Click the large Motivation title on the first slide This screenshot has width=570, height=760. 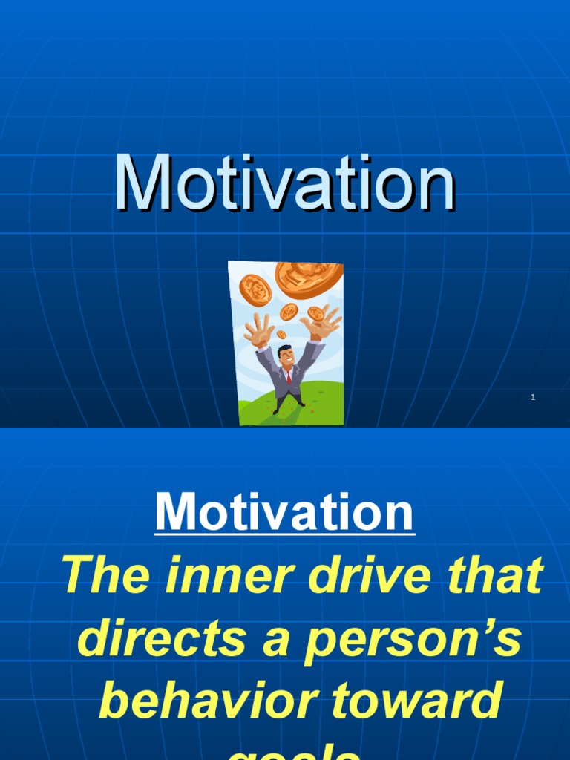[x=285, y=183]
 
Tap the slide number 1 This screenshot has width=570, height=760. [x=533, y=399]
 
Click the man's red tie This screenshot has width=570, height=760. [x=288, y=376]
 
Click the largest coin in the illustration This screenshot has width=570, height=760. [x=309, y=277]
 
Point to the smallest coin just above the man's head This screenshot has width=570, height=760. [x=281, y=335]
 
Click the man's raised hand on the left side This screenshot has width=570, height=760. [x=260, y=330]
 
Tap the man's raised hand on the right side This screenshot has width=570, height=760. [x=321, y=321]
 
